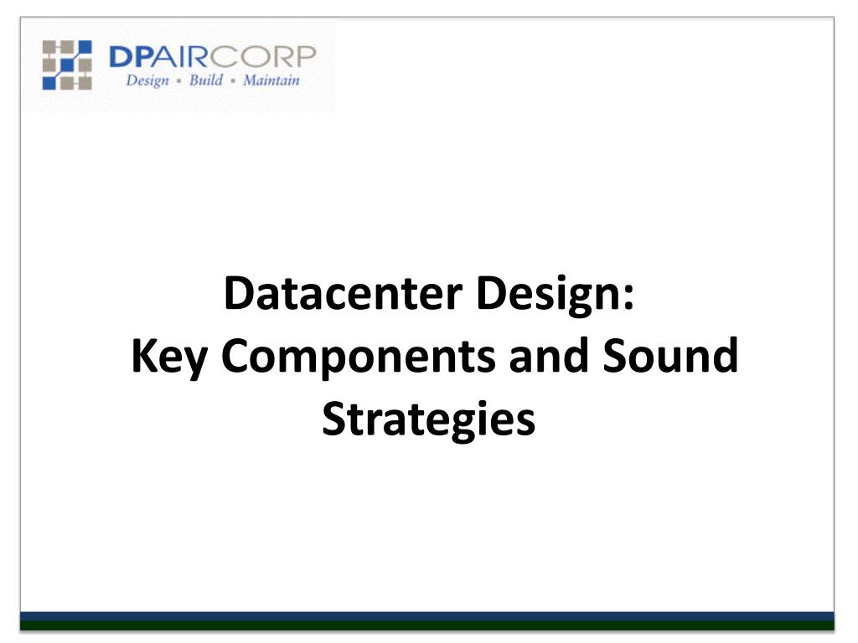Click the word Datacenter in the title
pyautogui.click(x=344, y=293)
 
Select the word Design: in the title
pyautogui.click(x=555, y=295)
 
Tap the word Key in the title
pyautogui.click(x=168, y=357)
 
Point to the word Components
pyautogui.click(x=358, y=357)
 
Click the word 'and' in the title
pyautogui.click(x=548, y=354)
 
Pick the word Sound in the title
pyautogui.click(x=670, y=355)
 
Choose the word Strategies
pyautogui.click(x=428, y=420)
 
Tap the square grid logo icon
pyautogui.click(x=67, y=64)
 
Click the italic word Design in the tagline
pyautogui.click(x=147, y=81)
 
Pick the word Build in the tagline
pyautogui.click(x=206, y=80)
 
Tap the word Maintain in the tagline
pyautogui.click(x=271, y=80)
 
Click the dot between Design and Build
pyautogui.click(x=179, y=81)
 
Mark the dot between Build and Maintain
pyautogui.click(x=233, y=81)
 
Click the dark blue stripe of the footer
pyautogui.click(x=427, y=617)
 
